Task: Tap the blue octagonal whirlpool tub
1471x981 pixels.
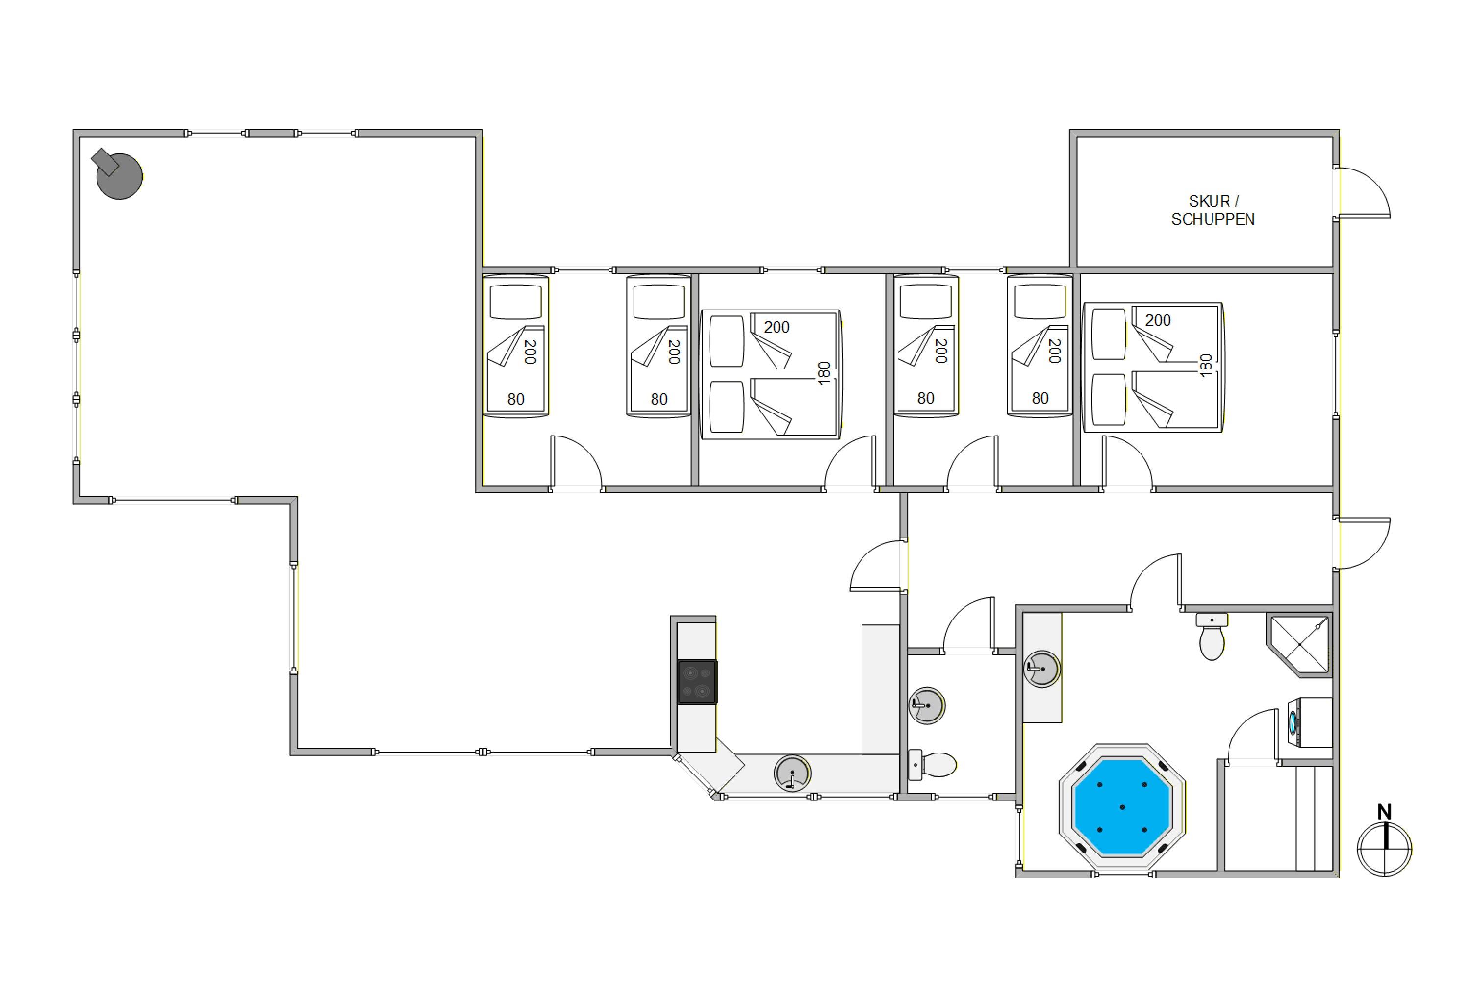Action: coord(1122,806)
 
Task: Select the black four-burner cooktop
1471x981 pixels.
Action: coord(697,682)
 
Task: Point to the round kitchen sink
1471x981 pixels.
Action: coord(792,774)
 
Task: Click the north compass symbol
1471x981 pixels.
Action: coord(1384,849)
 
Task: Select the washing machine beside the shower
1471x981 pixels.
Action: coord(1310,723)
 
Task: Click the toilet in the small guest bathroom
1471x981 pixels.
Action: coord(932,765)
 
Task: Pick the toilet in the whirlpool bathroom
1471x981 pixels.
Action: coord(1212,637)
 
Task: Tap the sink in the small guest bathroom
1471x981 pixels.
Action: coord(927,706)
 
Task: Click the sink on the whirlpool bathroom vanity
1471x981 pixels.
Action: coord(1042,669)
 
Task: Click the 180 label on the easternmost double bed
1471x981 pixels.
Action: coord(1206,365)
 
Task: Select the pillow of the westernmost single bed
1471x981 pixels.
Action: coord(515,303)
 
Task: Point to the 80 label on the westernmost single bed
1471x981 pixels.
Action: coord(515,399)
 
